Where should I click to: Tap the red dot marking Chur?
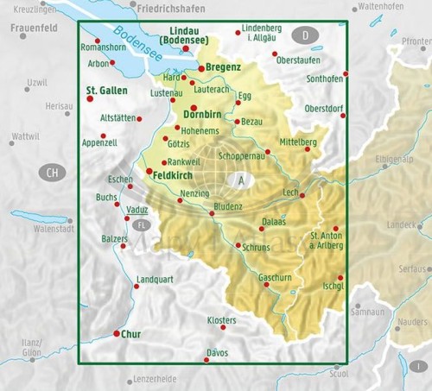[x=117, y=333]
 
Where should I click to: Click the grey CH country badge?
[x=53, y=172]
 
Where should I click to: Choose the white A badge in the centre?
[x=241, y=180]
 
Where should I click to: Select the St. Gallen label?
[x=107, y=90]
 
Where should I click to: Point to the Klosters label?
[x=222, y=319]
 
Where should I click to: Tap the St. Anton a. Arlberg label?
[x=327, y=240]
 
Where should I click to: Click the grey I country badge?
[x=417, y=365]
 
